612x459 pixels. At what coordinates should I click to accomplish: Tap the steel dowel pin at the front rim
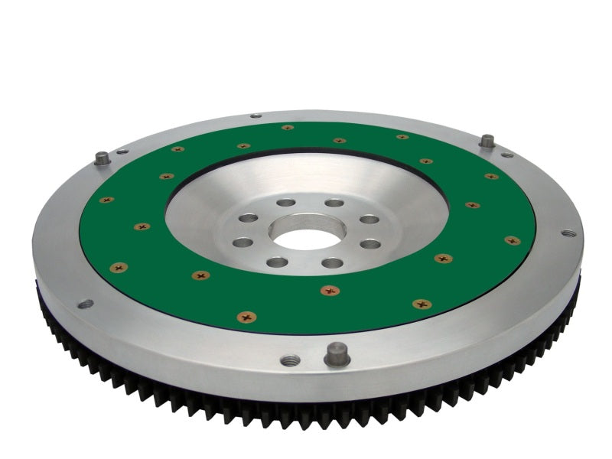[x=337, y=353]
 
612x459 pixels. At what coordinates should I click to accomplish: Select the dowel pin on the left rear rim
[x=101, y=158]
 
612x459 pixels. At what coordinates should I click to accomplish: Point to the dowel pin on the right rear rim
[x=487, y=142]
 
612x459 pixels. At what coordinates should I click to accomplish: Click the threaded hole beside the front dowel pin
[x=288, y=360]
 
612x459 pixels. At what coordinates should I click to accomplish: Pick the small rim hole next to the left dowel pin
[x=122, y=151]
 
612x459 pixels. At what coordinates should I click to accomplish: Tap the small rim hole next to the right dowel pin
[x=507, y=155]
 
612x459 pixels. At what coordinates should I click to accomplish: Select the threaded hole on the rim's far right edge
[x=566, y=233]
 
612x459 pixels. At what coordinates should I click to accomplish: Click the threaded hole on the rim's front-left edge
[x=85, y=304]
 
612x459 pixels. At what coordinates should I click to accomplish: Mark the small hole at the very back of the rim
[x=256, y=116]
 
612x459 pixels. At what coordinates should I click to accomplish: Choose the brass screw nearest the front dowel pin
[x=330, y=291]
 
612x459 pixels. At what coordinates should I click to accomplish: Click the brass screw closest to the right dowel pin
[x=490, y=176]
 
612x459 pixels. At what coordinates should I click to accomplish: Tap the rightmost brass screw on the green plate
[x=512, y=240]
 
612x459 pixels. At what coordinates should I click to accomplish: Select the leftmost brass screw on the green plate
[x=106, y=200]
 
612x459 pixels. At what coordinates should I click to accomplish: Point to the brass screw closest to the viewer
[x=246, y=316]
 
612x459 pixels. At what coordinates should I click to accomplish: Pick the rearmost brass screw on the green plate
[x=288, y=128]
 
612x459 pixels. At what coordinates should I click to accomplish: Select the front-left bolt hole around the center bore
[x=274, y=262]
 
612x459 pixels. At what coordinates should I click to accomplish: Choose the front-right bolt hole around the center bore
[x=332, y=262]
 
